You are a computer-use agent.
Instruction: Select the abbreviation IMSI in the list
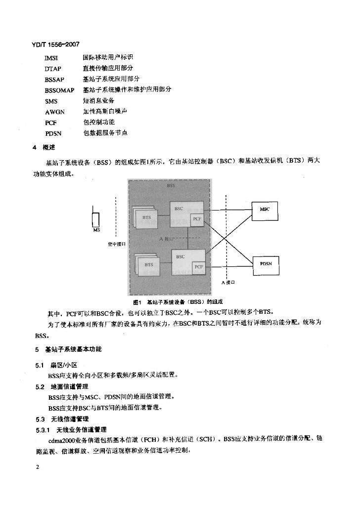51,58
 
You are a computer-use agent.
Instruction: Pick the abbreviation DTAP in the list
53,69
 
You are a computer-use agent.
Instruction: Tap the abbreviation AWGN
54,112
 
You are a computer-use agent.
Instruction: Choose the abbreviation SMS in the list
51,101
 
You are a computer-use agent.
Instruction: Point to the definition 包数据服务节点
105,133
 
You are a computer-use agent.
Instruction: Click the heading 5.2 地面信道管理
61,386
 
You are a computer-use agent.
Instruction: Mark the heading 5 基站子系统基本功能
68,349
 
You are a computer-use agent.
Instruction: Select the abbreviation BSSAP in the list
54,79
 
